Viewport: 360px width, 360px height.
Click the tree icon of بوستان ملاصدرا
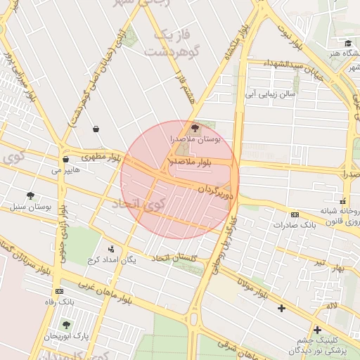[195, 127]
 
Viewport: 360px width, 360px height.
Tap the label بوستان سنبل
[32, 207]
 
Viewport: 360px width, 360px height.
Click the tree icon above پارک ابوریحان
[67, 325]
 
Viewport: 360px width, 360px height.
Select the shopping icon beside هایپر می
[65, 160]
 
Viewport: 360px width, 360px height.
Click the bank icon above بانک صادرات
[295, 214]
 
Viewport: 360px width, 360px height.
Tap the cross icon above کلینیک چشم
[317, 330]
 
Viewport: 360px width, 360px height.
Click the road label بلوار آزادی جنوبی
[63, 218]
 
